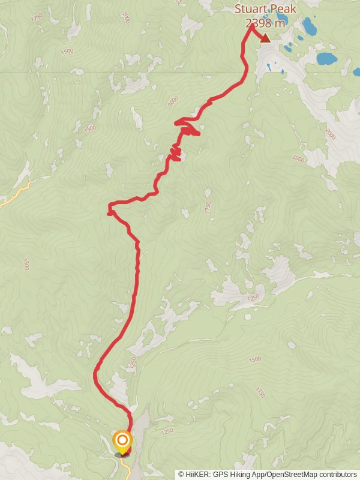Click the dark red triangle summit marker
[x=265, y=38]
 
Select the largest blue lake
[x=326, y=58]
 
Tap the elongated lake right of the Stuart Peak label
[x=310, y=26]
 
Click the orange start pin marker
[x=122, y=440]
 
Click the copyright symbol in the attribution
[x=181, y=474]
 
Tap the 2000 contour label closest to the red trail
[x=173, y=101]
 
